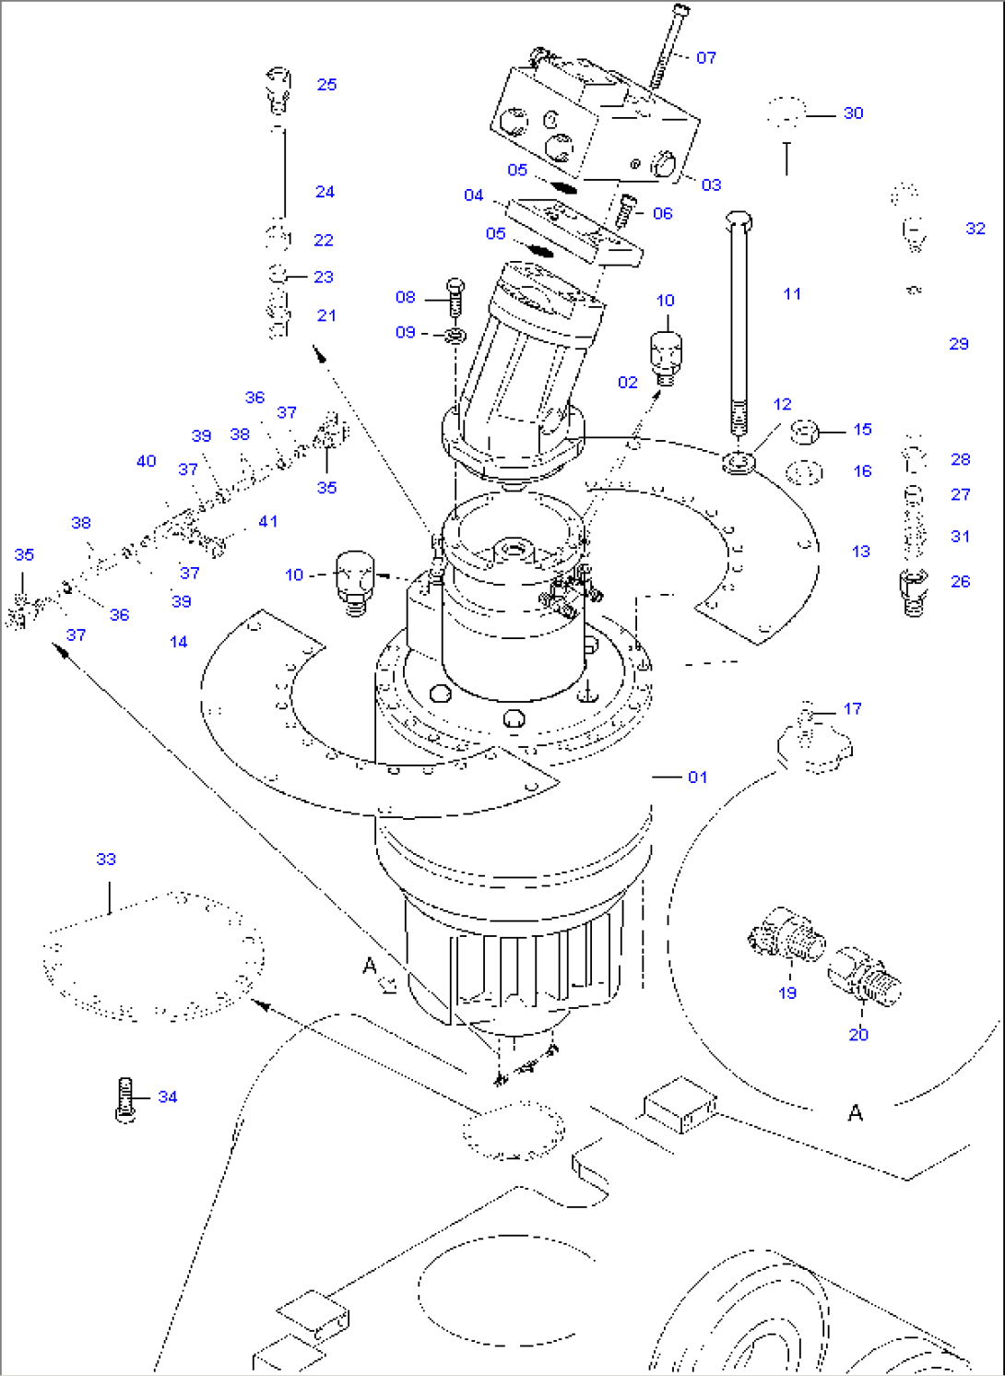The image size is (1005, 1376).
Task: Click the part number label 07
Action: pos(706,58)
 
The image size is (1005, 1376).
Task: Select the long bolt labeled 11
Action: pos(739,323)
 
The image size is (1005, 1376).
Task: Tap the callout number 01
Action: pos(698,777)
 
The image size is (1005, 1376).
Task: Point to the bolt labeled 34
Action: pos(126,1098)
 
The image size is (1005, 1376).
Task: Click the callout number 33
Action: pos(106,860)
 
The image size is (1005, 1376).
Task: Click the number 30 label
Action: pos(854,113)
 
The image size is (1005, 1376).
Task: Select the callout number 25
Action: pos(326,85)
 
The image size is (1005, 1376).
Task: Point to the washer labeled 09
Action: pos(454,333)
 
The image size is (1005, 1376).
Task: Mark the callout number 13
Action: pos(861,552)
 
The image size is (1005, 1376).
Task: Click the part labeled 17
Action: pos(811,738)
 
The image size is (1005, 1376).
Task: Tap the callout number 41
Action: pos(267,522)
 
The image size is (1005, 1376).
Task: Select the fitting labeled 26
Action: pos(913,590)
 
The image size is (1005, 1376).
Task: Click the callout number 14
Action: pos(179,642)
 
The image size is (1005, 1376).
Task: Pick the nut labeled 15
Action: pos(806,431)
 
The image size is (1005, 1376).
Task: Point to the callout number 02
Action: pos(628,383)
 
